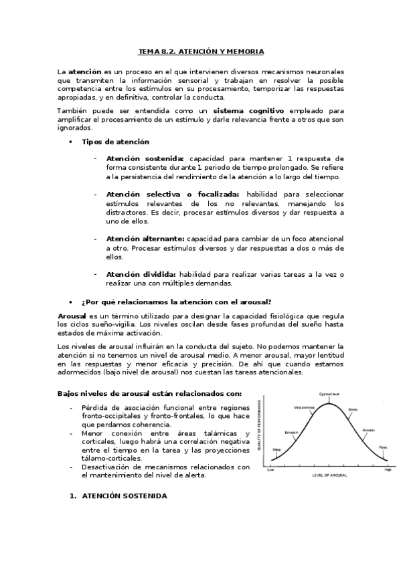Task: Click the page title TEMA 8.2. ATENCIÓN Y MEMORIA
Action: (x=201, y=51)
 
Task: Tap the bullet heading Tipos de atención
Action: (x=115, y=142)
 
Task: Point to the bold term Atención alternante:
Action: (x=145, y=239)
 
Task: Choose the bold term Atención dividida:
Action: (x=141, y=274)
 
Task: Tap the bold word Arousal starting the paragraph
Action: (x=72, y=315)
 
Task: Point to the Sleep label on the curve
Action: (x=276, y=450)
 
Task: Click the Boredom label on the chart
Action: (x=291, y=432)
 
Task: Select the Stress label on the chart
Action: (x=352, y=409)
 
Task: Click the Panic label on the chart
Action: (x=383, y=447)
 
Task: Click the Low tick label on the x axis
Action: (x=270, y=470)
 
